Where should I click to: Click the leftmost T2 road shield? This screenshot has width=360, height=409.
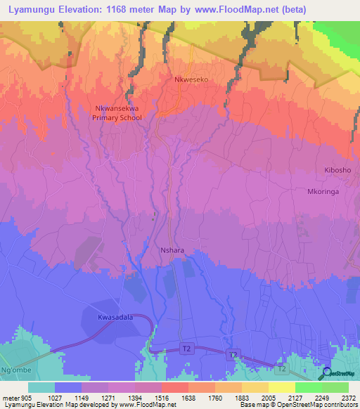pyautogui.click(x=186, y=348)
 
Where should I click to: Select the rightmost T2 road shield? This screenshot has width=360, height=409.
pyautogui.click(x=281, y=368)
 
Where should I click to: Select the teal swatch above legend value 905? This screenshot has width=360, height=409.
pyautogui.click(x=41, y=387)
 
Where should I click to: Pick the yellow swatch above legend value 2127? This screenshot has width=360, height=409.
pyautogui.click(x=281, y=387)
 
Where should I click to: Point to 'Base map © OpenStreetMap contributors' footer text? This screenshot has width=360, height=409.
pyautogui.click(x=297, y=405)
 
